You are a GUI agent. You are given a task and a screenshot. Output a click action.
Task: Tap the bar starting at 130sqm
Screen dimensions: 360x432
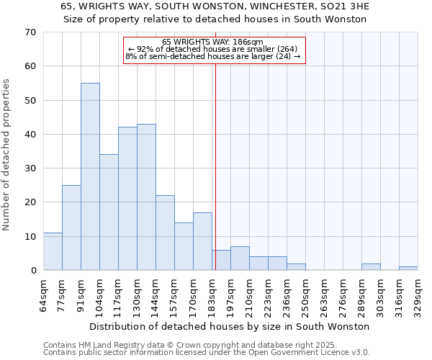coord(146,197)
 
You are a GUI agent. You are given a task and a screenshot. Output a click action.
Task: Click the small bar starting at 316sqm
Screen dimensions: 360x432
coord(408,269)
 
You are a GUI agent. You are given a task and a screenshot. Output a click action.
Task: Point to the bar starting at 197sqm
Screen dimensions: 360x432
coord(240,258)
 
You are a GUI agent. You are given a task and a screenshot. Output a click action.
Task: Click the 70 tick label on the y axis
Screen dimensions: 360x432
coord(30,32)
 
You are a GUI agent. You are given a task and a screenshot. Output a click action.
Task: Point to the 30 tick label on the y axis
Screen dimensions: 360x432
coord(30,168)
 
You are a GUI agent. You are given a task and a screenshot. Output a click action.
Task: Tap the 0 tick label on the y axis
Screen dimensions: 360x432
coord(32,271)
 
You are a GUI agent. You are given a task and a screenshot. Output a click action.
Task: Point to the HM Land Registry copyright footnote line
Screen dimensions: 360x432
coord(206,345)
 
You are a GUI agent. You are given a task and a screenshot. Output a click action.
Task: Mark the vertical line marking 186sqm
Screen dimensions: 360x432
coord(215,166)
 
